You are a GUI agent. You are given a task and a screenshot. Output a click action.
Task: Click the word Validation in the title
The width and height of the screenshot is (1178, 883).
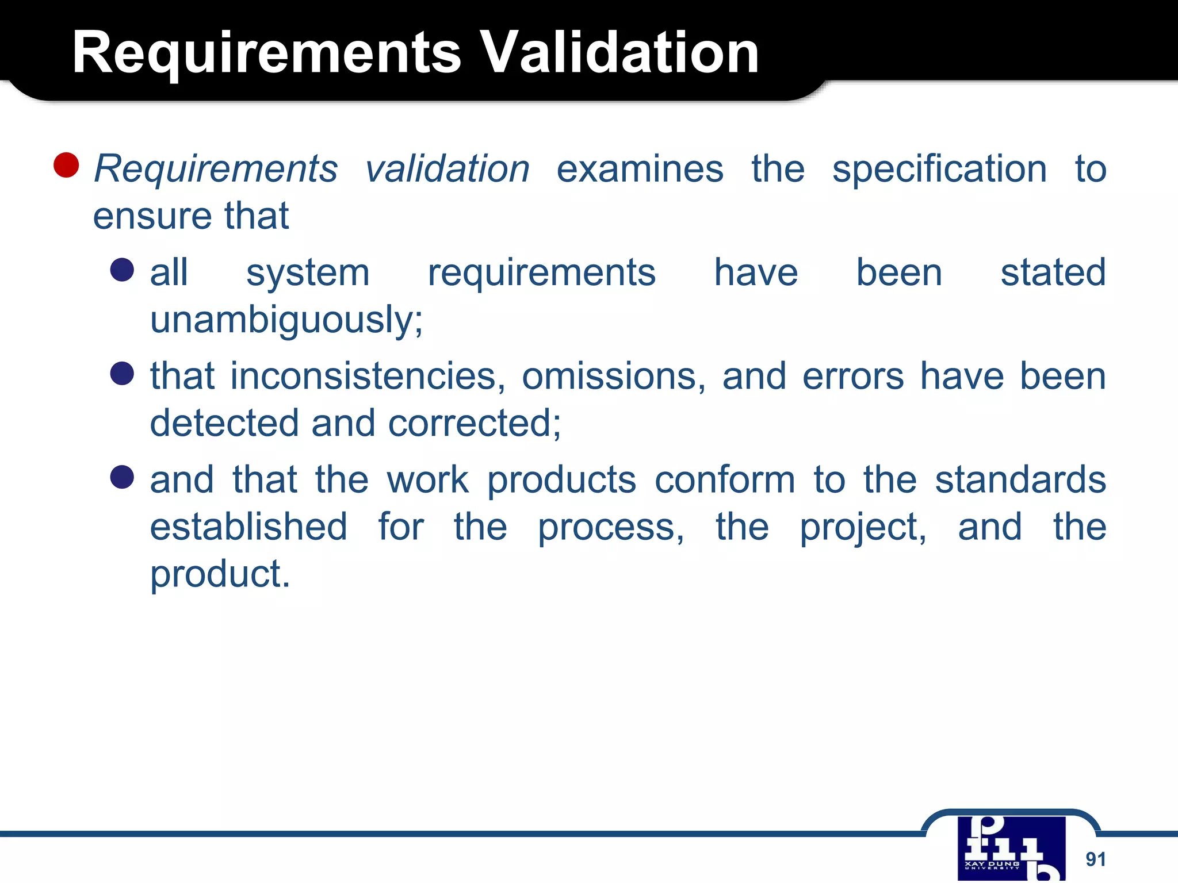(619, 53)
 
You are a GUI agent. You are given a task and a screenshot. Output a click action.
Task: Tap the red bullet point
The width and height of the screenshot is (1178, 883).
(66, 165)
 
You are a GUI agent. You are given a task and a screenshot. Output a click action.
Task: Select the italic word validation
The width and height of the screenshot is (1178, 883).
(447, 169)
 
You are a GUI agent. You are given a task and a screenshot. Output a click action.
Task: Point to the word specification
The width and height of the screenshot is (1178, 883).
(939, 170)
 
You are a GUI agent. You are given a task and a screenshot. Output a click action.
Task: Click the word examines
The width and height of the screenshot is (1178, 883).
(640, 169)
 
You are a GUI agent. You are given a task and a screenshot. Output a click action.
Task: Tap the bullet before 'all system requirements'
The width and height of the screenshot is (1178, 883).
(122, 270)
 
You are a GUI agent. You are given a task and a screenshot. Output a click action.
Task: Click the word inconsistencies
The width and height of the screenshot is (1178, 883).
(368, 377)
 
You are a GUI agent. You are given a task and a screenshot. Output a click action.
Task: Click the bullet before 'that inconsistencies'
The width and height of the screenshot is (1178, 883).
(122, 374)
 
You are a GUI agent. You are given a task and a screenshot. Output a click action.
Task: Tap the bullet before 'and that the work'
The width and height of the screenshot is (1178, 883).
(122, 477)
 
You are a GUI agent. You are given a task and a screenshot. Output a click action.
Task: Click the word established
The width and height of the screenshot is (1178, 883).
(248, 527)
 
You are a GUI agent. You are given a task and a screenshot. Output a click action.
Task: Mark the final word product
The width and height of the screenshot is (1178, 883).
(220, 574)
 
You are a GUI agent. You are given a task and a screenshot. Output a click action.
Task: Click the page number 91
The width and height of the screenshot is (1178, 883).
(1095, 859)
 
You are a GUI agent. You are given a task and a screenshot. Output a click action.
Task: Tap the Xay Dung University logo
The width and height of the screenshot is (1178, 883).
(1011, 849)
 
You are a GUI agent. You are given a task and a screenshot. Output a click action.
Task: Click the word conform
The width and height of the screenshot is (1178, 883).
(725, 480)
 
